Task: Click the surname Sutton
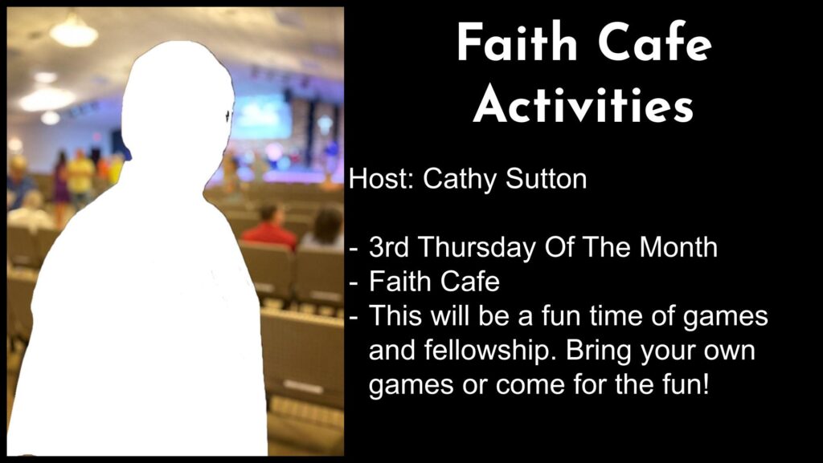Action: point(547,179)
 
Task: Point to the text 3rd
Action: point(388,246)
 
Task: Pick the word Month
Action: point(678,246)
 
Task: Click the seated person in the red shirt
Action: point(270,227)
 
